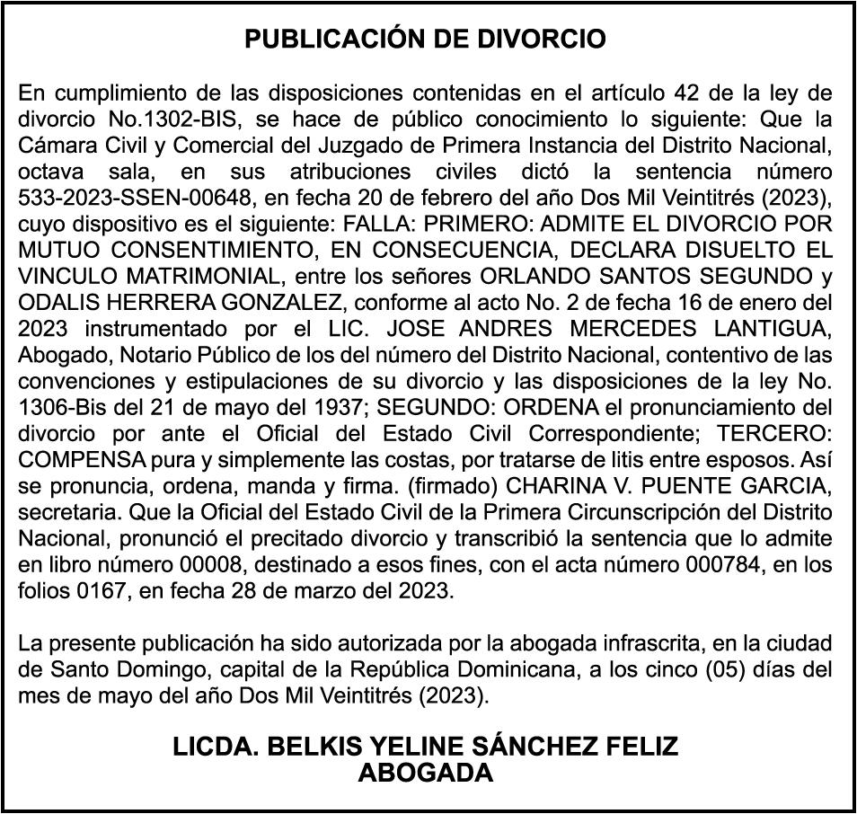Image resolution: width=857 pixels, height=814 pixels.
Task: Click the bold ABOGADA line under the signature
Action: coord(426,773)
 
